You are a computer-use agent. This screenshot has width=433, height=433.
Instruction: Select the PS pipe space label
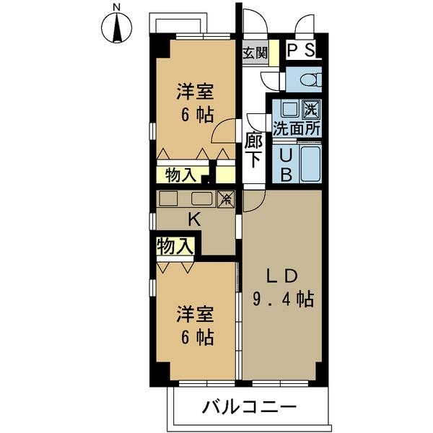301,50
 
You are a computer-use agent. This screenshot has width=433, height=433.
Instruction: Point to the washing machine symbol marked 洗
310,110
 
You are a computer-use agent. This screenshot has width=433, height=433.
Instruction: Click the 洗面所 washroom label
297,130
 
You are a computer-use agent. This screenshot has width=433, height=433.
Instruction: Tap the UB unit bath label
285,165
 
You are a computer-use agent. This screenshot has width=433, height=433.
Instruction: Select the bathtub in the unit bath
310,164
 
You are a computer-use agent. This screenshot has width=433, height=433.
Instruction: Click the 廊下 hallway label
254,151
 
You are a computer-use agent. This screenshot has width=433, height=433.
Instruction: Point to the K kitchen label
193,219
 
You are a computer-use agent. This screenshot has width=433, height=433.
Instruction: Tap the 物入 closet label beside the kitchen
175,247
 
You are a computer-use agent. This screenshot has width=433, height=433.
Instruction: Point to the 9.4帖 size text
282,298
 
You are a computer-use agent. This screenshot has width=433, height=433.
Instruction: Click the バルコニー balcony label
249,408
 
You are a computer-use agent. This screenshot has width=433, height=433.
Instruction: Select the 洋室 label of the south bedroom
196,314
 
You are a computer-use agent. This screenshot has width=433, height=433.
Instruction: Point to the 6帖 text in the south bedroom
196,337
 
